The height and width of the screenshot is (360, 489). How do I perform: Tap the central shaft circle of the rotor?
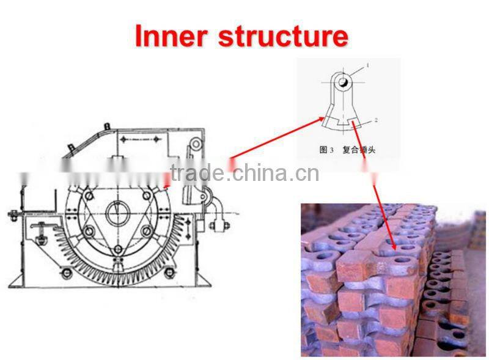click(x=116, y=213)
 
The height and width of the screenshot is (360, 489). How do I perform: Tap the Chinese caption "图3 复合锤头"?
click(x=348, y=149)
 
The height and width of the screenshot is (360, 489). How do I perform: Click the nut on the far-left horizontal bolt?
click(x=13, y=214)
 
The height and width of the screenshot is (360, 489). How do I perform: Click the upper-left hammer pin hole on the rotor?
click(x=89, y=195)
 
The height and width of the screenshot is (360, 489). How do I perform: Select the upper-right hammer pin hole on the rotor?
click(x=146, y=195)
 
